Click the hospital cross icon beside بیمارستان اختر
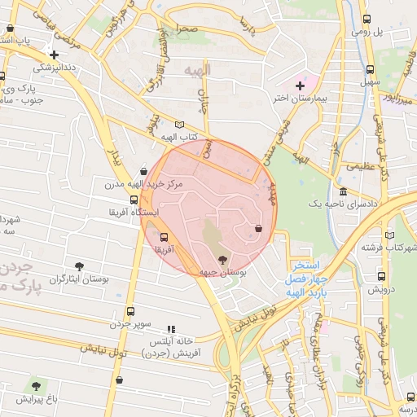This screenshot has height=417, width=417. [300, 85]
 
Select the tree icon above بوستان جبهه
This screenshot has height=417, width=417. [224, 259]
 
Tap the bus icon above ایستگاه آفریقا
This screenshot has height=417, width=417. [133, 199]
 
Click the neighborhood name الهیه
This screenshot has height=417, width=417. [197, 71]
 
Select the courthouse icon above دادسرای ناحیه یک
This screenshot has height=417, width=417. [343, 193]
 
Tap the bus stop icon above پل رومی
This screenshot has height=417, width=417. [367, 19]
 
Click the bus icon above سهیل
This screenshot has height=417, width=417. [371, 70]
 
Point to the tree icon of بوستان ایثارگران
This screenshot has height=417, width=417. [79, 266]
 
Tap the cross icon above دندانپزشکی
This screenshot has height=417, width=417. [54, 55]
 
